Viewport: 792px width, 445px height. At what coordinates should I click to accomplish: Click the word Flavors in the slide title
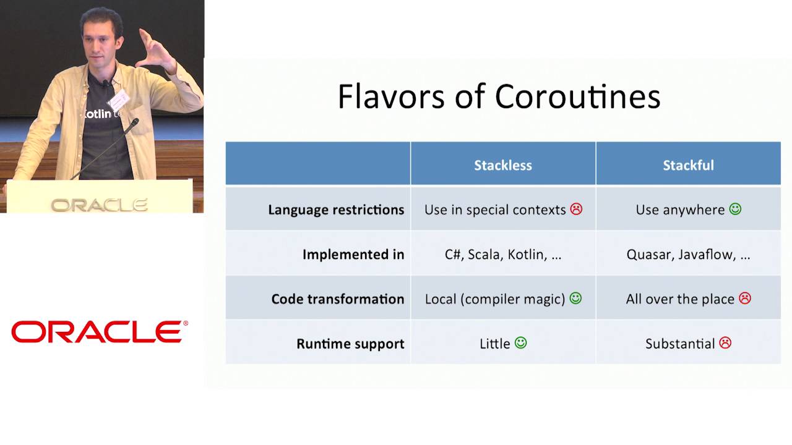click(x=391, y=96)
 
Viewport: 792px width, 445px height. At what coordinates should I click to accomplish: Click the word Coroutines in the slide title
click(x=578, y=96)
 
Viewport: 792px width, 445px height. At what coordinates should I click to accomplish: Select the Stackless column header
click(x=503, y=165)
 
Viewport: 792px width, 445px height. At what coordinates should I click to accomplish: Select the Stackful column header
click(x=688, y=165)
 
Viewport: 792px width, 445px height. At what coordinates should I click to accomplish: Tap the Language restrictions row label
click(x=336, y=210)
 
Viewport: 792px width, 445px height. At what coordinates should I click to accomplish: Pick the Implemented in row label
click(x=353, y=254)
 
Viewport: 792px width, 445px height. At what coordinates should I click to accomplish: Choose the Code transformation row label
click(x=338, y=299)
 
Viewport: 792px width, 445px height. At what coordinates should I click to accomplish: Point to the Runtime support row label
click(x=350, y=344)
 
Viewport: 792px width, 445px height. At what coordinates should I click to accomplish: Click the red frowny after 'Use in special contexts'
click(x=576, y=209)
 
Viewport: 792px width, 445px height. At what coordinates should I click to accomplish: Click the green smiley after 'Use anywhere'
click(x=735, y=209)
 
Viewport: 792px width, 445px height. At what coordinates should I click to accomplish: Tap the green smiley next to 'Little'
click(x=520, y=342)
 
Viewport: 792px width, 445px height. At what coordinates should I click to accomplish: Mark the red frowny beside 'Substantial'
click(x=725, y=343)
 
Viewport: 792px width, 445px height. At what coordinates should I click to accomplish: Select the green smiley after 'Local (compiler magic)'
click(x=575, y=299)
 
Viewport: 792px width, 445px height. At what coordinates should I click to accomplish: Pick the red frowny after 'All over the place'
click(x=745, y=299)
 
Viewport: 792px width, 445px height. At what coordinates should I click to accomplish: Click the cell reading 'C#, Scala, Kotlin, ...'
click(x=503, y=254)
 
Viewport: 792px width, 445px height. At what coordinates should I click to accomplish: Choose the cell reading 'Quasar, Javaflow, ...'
click(x=688, y=254)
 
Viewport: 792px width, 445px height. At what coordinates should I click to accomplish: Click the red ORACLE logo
click(x=100, y=332)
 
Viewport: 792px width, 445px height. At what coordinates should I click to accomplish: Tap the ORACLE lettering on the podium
click(x=100, y=205)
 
